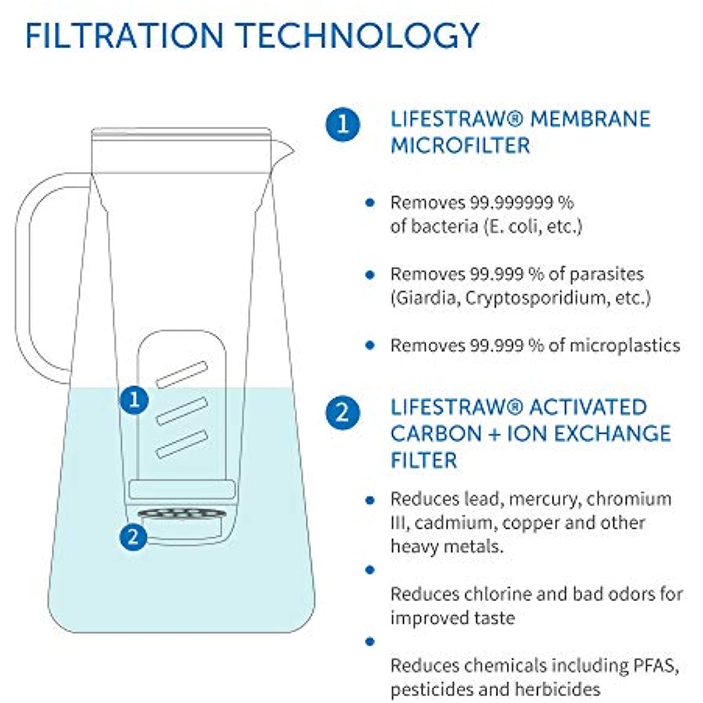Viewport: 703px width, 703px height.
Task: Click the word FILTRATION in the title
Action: [125, 36]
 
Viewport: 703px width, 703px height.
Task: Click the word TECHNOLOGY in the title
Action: [358, 36]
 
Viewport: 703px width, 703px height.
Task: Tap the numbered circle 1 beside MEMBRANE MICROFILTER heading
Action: [343, 124]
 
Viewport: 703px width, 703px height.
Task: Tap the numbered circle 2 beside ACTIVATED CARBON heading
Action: [343, 413]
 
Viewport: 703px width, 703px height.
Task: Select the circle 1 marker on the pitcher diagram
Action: [135, 400]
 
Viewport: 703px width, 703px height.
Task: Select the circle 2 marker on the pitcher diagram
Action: [134, 536]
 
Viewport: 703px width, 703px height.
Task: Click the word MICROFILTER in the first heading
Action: [460, 145]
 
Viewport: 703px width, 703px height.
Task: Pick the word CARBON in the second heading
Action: [436, 434]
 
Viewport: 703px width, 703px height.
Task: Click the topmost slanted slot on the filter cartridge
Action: [182, 374]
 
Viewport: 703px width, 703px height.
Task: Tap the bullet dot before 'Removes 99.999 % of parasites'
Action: [370, 275]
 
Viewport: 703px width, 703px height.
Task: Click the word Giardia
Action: [426, 298]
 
